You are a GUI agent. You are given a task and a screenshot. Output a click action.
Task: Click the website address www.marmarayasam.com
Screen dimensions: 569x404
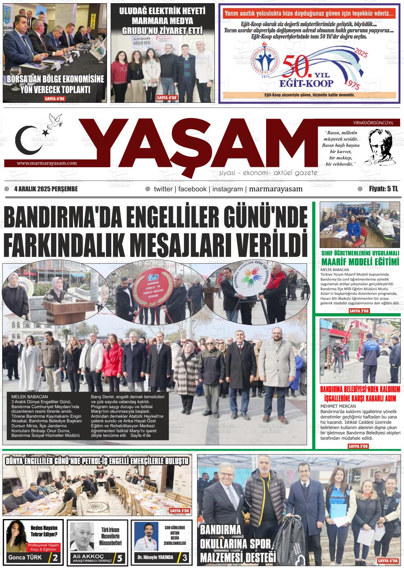(x=47, y=163)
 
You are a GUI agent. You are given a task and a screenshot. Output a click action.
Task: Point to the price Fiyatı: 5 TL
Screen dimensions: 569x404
(x=383, y=189)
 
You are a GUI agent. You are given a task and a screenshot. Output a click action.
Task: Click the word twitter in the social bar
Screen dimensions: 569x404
(x=163, y=189)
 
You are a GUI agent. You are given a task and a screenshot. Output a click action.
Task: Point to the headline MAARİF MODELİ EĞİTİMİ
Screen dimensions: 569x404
(x=360, y=262)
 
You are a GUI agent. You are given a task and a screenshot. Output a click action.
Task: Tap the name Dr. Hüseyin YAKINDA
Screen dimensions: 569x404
(x=155, y=557)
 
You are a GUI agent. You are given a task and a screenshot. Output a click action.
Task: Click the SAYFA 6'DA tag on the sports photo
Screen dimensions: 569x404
(x=388, y=561)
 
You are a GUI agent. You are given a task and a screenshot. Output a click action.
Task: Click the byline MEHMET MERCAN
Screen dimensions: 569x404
(x=335, y=406)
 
